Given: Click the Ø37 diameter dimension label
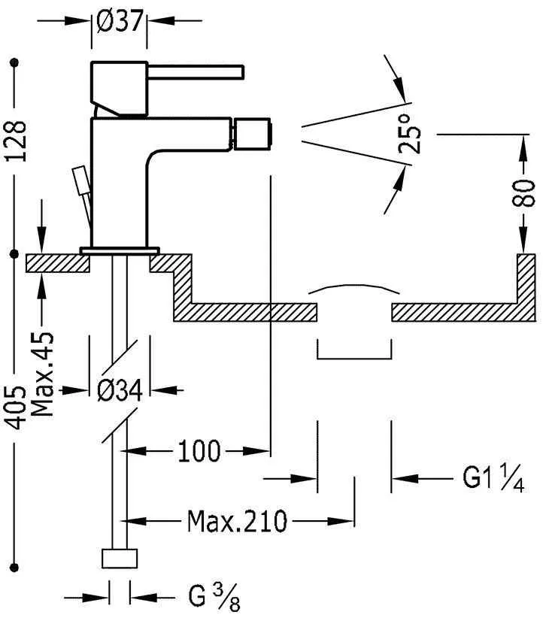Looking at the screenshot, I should click(120, 22).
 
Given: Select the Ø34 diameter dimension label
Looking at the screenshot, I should click(120, 389).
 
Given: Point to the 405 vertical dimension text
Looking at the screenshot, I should click(19, 410).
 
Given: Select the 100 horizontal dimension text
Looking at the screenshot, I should click(199, 452).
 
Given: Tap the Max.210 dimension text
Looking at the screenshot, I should click(237, 520).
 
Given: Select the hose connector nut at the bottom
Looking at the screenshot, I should click(120, 559).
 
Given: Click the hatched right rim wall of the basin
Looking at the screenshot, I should click(526, 282).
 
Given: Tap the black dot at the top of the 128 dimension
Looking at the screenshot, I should click(14, 64).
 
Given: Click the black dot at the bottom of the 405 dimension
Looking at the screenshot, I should click(14, 566).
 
